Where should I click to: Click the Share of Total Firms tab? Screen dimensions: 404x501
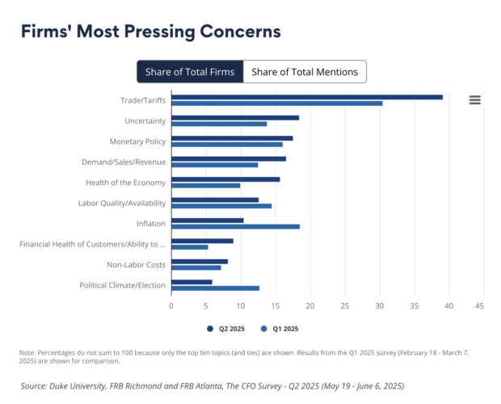point(190,72)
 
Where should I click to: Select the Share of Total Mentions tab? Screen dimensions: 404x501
point(305,72)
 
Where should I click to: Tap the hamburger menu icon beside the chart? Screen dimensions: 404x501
point(475,99)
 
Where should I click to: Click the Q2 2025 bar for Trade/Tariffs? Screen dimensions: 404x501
point(307,97)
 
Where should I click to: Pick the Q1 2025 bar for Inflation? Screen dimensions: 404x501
point(235,226)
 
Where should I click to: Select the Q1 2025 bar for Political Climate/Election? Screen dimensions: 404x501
point(215,288)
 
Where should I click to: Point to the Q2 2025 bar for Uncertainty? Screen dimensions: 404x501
point(235,118)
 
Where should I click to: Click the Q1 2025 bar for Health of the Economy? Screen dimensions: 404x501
point(206,185)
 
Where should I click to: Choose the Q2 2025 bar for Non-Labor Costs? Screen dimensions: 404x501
point(200,261)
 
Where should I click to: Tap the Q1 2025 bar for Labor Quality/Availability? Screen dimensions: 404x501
point(221,206)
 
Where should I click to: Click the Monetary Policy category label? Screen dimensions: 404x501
point(137,141)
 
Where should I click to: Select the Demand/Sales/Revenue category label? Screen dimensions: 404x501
point(124,162)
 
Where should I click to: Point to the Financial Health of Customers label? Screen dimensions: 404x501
point(92,243)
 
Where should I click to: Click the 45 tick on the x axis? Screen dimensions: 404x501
point(479,306)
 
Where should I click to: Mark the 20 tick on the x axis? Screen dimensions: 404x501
point(309,306)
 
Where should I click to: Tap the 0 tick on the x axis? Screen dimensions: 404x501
point(171,306)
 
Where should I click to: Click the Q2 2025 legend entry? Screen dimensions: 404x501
point(226,329)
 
